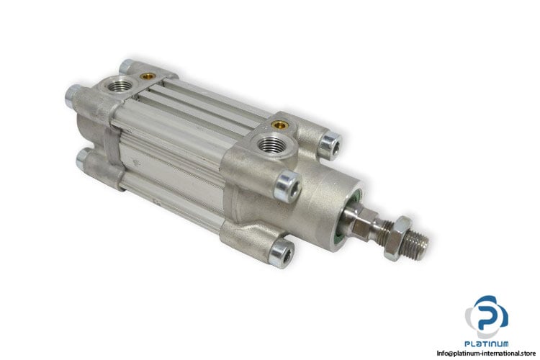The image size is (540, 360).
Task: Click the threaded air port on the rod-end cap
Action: [273, 143]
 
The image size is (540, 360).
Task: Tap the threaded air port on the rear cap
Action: [119, 86]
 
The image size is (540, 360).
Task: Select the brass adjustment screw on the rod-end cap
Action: [279, 125]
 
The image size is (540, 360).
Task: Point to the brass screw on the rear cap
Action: [148, 76]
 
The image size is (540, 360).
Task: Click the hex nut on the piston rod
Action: [397, 238]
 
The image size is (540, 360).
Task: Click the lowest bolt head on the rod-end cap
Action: [282, 253]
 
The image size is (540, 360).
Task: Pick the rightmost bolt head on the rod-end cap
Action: [329, 145]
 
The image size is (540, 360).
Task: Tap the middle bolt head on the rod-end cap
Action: [287, 186]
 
